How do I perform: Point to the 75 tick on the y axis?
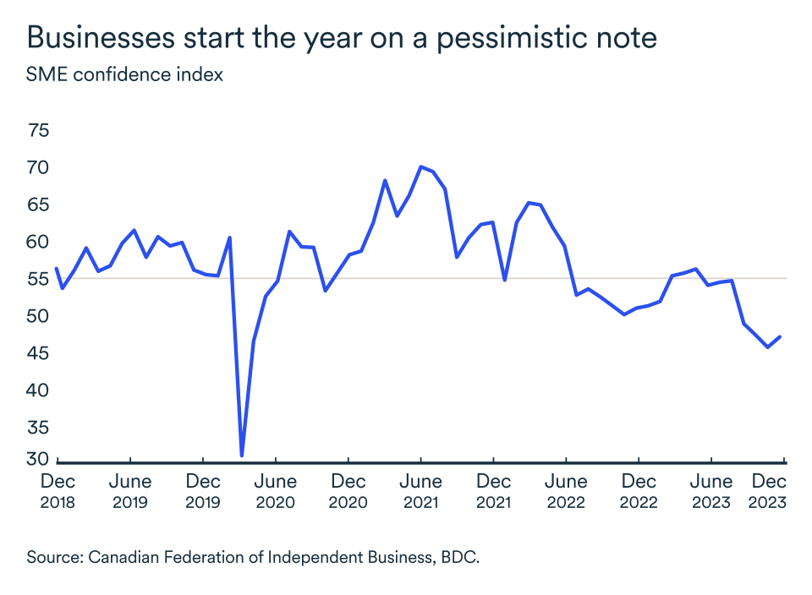tap(39, 131)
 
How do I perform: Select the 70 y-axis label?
tap(39, 168)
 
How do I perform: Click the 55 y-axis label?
tap(39, 279)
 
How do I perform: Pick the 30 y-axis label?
tap(39, 460)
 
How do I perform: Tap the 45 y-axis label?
tap(39, 353)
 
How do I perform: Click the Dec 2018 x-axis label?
tap(58, 491)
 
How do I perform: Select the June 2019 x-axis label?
tap(130, 491)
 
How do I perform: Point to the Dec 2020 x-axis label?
tap(348, 491)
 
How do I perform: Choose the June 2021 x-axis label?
tap(420, 491)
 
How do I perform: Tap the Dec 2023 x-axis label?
tap(769, 491)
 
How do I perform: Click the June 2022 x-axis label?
tap(566, 491)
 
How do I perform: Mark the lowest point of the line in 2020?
tap(242, 456)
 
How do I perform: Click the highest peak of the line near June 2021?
tap(421, 166)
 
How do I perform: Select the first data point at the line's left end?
tap(56, 269)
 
